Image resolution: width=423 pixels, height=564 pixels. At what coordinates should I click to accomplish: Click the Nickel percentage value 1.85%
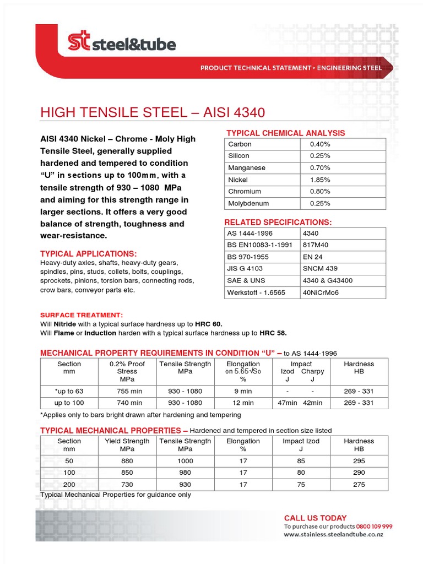(x=320, y=180)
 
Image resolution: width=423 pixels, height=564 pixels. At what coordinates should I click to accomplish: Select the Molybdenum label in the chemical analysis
(x=248, y=203)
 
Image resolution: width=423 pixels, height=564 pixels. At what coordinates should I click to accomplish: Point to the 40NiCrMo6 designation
(x=321, y=292)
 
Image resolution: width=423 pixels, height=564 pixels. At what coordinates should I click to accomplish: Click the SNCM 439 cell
(x=320, y=269)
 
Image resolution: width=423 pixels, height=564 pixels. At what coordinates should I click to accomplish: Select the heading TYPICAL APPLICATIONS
(x=88, y=254)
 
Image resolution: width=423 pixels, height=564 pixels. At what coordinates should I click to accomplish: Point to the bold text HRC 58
(x=273, y=333)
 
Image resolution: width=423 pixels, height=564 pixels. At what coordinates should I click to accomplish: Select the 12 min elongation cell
(x=243, y=403)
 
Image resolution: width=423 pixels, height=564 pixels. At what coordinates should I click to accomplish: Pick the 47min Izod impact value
(x=287, y=403)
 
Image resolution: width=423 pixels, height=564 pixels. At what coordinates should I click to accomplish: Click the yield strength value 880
(x=127, y=460)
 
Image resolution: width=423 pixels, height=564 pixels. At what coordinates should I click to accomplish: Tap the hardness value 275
(x=359, y=484)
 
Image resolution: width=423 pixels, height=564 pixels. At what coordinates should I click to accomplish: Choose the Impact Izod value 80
(x=301, y=473)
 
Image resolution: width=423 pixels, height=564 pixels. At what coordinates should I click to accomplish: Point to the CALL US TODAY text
(x=315, y=518)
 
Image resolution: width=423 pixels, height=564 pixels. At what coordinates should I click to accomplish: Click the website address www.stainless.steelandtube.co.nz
(x=334, y=535)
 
